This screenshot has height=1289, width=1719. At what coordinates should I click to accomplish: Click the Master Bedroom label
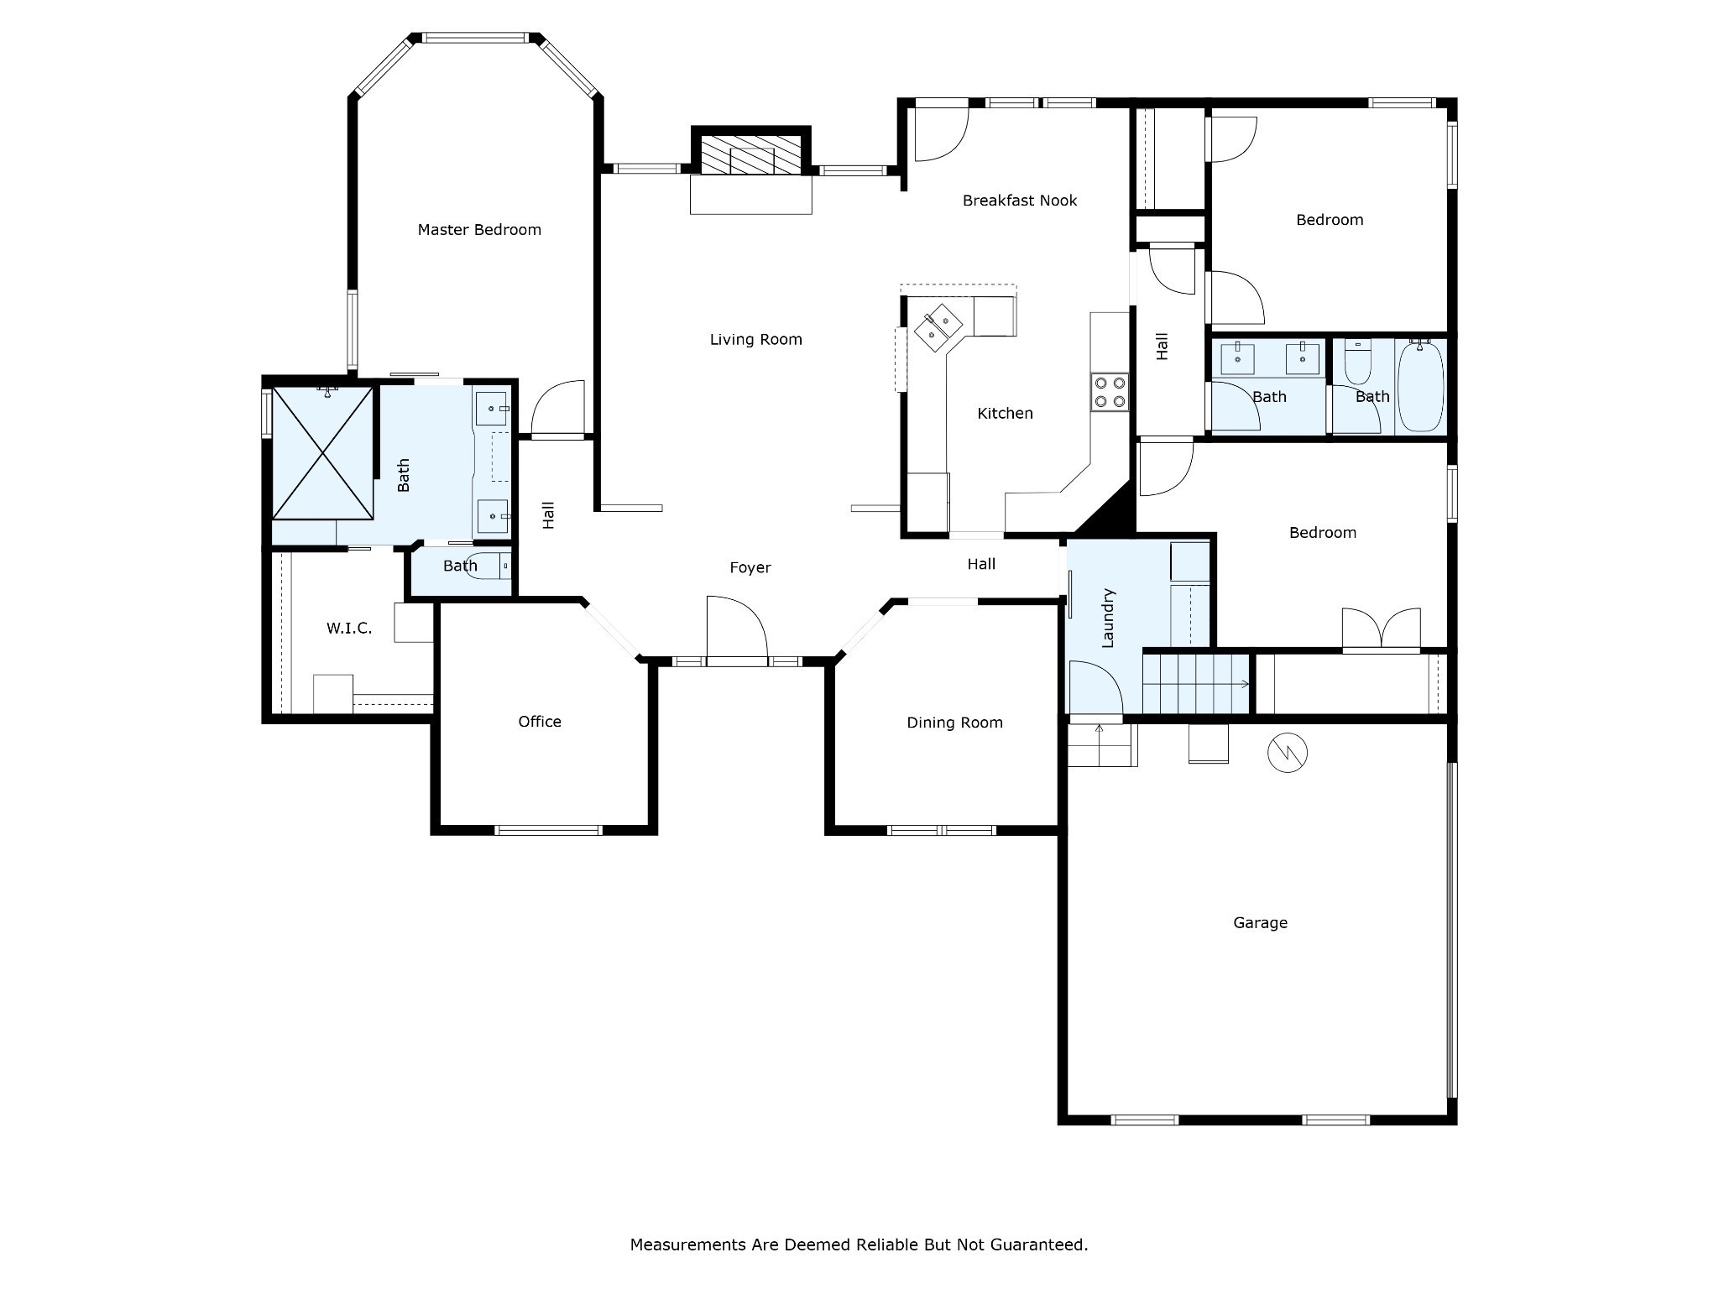pyautogui.click(x=479, y=230)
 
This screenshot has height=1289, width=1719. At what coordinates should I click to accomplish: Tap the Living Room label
pyautogui.click(x=755, y=340)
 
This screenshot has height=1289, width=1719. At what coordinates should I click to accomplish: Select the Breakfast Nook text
pyautogui.click(x=1019, y=201)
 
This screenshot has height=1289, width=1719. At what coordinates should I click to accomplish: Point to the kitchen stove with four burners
pyautogui.click(x=1109, y=392)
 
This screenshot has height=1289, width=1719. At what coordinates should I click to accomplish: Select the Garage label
pyautogui.click(x=1259, y=923)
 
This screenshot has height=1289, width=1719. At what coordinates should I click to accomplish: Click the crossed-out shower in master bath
pyautogui.click(x=322, y=453)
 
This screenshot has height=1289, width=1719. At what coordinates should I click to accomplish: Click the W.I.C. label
pyautogui.click(x=348, y=629)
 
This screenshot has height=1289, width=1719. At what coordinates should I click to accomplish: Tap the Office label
pyautogui.click(x=539, y=722)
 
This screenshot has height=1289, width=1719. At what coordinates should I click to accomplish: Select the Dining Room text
pyautogui.click(x=954, y=723)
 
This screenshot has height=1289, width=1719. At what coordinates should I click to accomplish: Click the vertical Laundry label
pyautogui.click(x=1107, y=618)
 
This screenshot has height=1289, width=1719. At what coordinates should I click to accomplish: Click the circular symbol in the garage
pyautogui.click(x=1287, y=753)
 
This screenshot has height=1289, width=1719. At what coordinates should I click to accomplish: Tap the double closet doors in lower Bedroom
pyautogui.click(x=1381, y=629)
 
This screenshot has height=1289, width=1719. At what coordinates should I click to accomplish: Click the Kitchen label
pyautogui.click(x=1005, y=414)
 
